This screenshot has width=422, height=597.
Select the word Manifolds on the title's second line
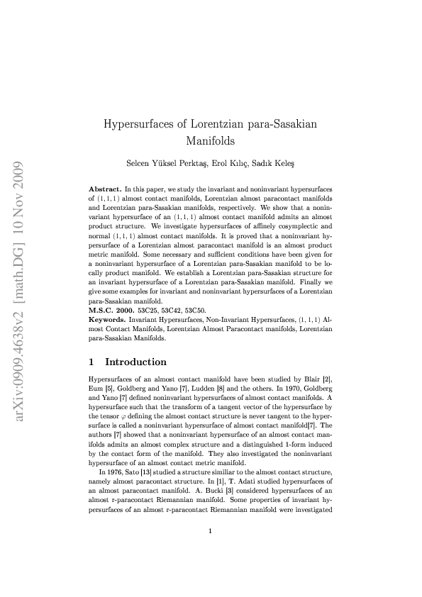[x=211, y=140]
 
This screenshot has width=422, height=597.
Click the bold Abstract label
[x=104, y=191]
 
